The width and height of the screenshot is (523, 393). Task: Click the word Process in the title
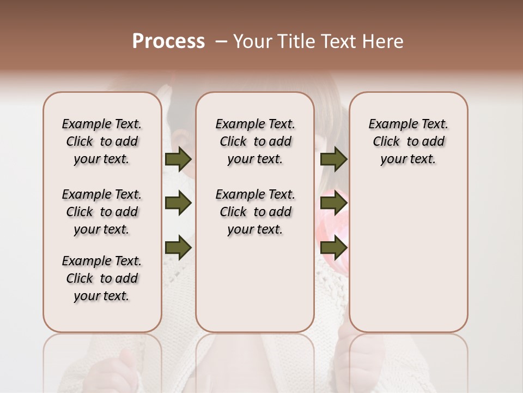pos(168,41)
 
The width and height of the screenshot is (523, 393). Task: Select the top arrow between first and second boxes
pos(178,159)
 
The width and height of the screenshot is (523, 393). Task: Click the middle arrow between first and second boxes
pos(178,203)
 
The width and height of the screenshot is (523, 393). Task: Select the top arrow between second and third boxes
pos(333,159)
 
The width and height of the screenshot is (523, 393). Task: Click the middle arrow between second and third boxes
pos(333,203)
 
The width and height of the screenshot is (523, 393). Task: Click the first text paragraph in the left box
pos(102,141)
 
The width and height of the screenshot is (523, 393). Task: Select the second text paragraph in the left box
pos(102,212)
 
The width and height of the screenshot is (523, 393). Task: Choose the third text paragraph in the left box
pos(102,278)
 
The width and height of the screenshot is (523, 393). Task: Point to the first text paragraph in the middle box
pos(255,141)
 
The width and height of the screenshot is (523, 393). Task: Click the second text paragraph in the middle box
pos(255,212)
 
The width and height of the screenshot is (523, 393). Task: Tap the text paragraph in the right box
pos(409,141)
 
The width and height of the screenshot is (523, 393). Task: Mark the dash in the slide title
pos(221,41)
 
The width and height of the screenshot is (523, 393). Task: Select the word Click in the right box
pos(386,142)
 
